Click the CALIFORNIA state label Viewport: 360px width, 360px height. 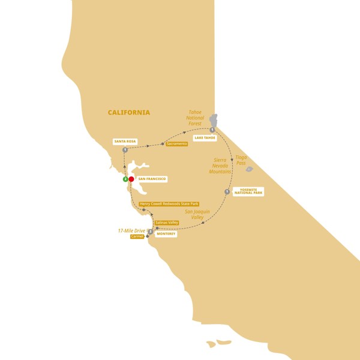(x=129, y=112)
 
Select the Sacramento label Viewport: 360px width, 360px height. (x=177, y=144)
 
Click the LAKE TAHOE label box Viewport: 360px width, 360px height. (x=205, y=137)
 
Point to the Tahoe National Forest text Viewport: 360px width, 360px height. (x=195, y=118)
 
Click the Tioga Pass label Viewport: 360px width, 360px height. (x=241, y=160)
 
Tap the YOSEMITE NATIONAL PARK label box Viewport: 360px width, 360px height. (x=248, y=191)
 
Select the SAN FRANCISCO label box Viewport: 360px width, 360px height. (x=151, y=179)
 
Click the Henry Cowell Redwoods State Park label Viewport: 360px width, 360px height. (x=169, y=204)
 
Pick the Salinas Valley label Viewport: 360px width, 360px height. (x=167, y=223)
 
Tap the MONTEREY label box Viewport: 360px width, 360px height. (x=166, y=234)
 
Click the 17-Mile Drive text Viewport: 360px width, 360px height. (x=130, y=230)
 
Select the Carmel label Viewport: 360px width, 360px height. (x=137, y=236)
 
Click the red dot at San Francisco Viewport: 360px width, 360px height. (x=131, y=179)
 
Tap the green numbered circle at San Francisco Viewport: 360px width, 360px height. (x=125, y=179)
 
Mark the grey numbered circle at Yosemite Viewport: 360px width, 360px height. (x=227, y=192)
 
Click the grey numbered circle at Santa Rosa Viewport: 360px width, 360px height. (x=125, y=150)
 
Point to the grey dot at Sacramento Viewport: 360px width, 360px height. (x=163, y=144)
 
